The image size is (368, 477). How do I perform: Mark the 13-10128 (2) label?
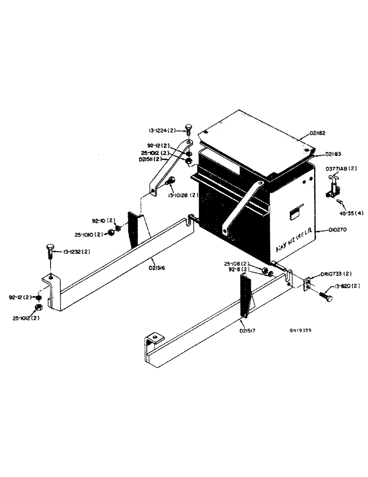pos(183,195)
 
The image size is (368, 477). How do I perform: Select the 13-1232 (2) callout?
pos(74,251)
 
